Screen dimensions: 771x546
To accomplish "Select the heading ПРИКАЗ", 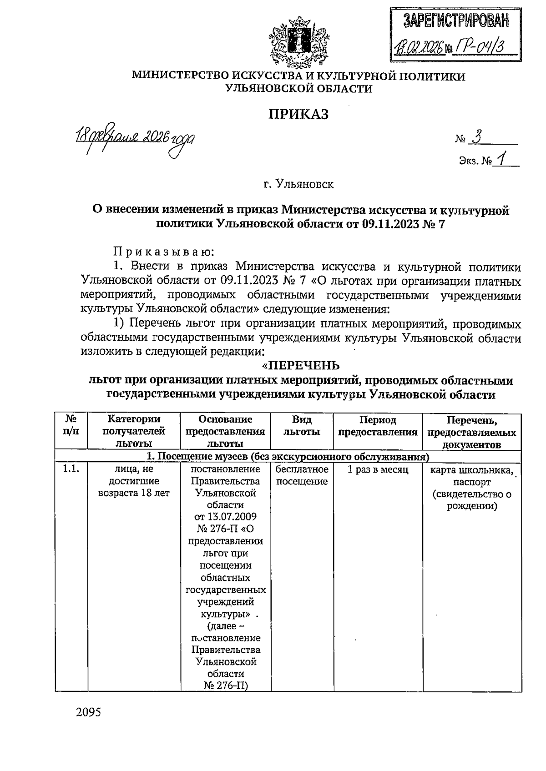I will point(298,114).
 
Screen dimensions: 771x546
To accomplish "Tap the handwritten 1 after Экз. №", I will point(502,160).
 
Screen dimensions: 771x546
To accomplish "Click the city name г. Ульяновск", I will point(298,184).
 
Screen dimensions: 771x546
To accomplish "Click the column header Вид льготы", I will point(302,426).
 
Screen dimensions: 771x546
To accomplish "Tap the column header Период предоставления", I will point(378,426).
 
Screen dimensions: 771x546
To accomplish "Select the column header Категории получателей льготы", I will point(134,431).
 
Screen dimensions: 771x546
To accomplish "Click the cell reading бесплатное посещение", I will point(302,475).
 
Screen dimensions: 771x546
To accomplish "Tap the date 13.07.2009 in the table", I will point(225,517).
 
